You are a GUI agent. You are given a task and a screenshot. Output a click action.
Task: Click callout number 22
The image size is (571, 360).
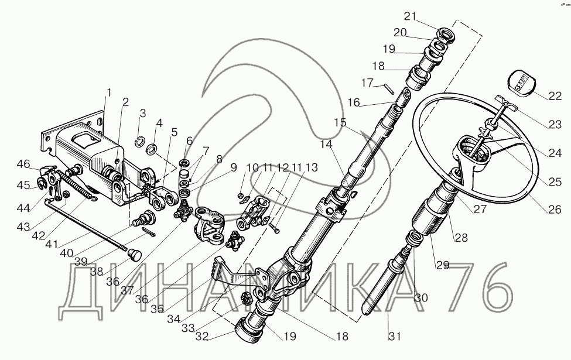coord(553,95)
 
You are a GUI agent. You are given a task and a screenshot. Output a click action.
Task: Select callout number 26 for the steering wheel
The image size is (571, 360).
coord(554,208)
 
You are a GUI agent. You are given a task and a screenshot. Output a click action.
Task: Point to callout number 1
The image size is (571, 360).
coord(108,92)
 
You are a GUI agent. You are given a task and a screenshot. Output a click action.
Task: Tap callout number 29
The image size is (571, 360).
coord(442,265)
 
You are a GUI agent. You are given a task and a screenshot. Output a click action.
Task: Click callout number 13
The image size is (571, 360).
coord(312,167)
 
